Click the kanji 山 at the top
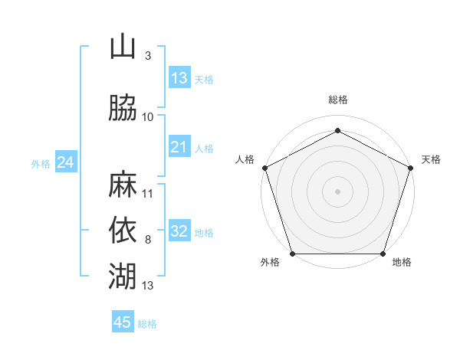(123, 47)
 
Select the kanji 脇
(123, 108)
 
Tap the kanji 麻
(123, 185)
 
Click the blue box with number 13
(179, 77)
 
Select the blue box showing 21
(179, 147)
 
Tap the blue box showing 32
(179, 231)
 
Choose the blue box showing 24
(65, 162)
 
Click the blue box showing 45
(122, 322)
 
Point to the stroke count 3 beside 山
(148, 56)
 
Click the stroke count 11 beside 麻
(148, 194)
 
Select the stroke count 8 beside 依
(148, 240)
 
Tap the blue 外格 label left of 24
(41, 163)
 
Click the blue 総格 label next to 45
(147, 324)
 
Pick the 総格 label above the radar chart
(337, 100)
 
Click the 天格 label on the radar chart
(431, 159)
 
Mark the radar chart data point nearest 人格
(264, 168)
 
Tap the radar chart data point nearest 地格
(383, 254)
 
